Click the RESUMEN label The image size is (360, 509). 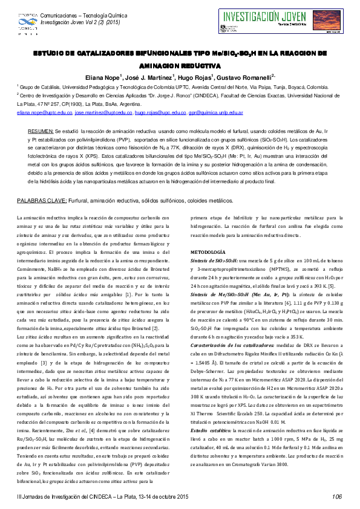click(x=41, y=131)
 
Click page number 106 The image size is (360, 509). click(x=336, y=496)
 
